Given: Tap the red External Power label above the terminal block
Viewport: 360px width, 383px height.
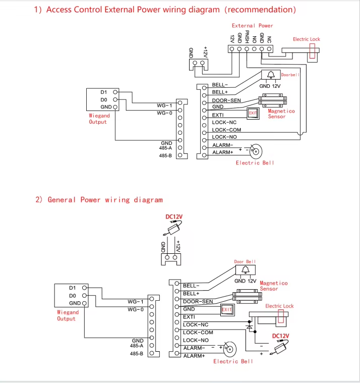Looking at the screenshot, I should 252,25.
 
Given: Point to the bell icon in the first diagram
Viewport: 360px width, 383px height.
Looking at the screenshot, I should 271,75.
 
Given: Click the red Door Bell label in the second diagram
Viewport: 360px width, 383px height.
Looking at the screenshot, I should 245,261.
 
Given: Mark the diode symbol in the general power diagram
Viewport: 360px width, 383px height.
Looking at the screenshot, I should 249,327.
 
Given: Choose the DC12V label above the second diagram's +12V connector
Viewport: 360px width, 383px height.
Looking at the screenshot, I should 174,216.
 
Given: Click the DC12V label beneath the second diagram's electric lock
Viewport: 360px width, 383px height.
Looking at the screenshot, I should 281,336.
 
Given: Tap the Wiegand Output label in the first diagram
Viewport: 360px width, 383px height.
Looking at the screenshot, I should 98,119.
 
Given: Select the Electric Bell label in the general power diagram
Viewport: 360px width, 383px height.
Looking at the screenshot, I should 233,361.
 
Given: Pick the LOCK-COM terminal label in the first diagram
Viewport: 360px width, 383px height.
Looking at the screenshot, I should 226,130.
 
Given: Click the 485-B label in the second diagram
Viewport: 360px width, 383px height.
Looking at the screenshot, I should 137,354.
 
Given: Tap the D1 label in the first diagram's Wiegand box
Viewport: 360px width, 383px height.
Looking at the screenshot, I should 104,92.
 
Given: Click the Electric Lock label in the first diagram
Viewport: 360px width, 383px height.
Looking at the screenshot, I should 307,39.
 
